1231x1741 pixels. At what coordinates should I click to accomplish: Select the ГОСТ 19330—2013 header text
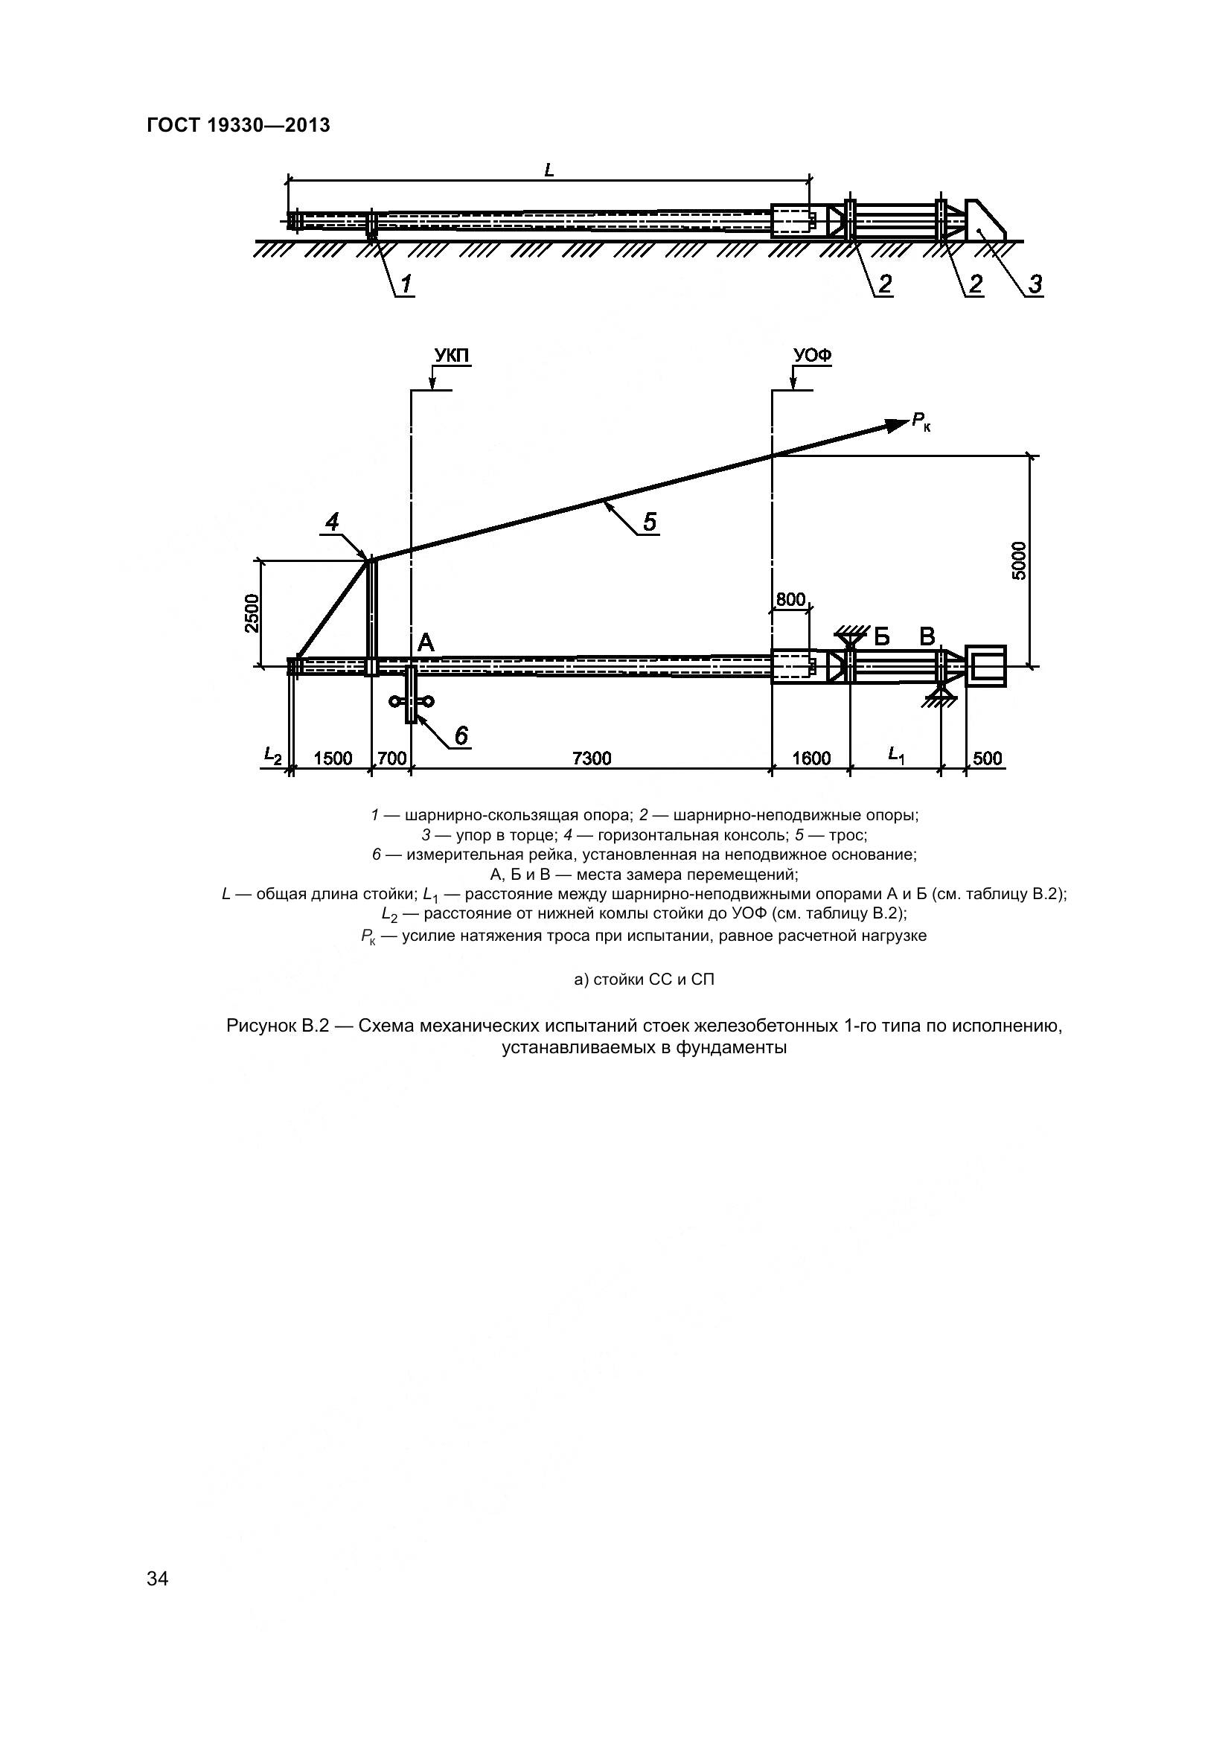click(238, 126)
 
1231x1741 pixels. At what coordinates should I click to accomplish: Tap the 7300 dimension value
click(591, 758)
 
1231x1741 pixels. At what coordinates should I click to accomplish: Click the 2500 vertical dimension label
click(253, 613)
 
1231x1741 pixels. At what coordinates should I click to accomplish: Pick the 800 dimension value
click(790, 600)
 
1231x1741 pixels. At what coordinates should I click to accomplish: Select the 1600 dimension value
click(811, 758)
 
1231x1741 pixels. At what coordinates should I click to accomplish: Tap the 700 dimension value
click(391, 758)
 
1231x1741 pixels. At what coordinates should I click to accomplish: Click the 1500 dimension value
click(333, 758)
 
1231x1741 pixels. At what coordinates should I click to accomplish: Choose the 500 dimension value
click(987, 758)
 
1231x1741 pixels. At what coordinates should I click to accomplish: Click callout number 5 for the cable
click(650, 522)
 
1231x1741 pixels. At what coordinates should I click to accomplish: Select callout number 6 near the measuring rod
click(460, 735)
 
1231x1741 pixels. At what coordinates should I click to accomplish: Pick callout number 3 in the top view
click(1035, 284)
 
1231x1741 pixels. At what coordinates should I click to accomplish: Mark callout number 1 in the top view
click(406, 284)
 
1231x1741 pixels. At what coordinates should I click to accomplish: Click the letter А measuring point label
click(426, 643)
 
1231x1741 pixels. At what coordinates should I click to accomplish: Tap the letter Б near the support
click(880, 636)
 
